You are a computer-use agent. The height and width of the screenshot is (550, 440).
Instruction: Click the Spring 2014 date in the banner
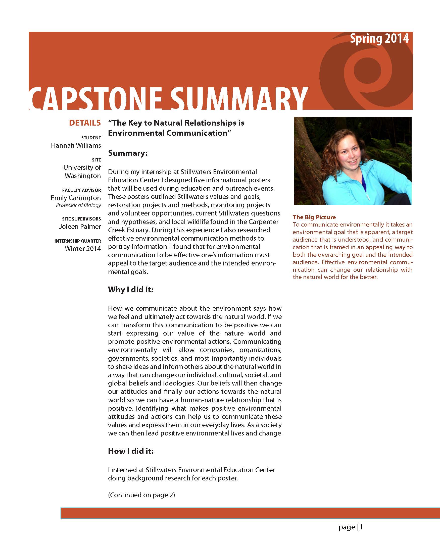pos(379,39)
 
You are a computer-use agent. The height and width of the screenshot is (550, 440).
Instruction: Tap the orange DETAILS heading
pos(85,123)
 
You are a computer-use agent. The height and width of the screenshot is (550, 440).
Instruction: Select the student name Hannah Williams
pos(76,145)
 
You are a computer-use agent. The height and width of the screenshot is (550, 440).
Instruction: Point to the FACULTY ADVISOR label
pos(81,190)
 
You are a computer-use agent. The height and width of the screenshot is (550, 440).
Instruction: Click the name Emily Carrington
pos(76,198)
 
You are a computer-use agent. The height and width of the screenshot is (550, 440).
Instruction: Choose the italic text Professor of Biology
pos(78,205)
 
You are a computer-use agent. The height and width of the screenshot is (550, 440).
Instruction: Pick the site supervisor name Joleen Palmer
pos(80,227)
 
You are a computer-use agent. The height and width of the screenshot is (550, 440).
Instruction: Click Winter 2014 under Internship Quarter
pos(83,249)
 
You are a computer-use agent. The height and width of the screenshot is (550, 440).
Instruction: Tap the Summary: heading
pos(128,153)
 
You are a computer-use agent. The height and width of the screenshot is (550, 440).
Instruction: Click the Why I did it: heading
pos(130,290)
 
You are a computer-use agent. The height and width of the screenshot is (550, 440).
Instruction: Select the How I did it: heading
pos(131,451)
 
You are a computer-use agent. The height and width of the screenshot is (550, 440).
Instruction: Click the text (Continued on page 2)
pos(141,495)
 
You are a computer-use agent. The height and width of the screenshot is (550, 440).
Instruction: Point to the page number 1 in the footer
pos(361,527)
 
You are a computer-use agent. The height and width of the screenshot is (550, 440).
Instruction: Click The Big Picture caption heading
pos(314,217)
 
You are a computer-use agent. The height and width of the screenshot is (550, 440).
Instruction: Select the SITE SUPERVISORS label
pos(81,219)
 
